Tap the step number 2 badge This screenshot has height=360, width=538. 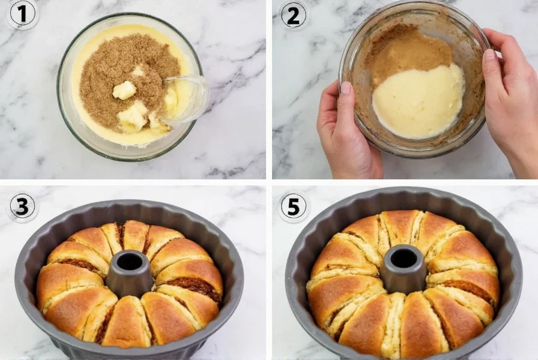click(x=292, y=15)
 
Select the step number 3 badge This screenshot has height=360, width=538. click(x=23, y=206)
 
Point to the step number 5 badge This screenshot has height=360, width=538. click(x=292, y=206)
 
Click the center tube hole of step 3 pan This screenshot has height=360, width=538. click(x=129, y=262)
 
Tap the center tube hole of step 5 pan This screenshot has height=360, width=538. click(x=403, y=258)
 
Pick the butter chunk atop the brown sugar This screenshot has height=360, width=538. click(x=124, y=90)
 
